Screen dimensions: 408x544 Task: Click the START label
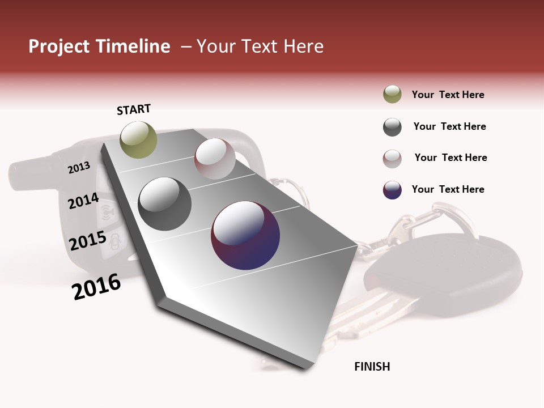134,109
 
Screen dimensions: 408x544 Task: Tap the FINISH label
372,367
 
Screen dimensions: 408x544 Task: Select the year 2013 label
79,167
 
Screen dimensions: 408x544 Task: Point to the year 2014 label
83,201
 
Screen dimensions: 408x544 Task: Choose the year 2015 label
88,241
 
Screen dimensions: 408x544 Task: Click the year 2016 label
96,286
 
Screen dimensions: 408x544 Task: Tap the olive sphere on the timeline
139,139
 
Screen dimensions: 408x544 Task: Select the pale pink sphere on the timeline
215,159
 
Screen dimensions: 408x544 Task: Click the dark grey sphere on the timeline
164,204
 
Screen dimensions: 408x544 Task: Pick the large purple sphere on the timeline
245,235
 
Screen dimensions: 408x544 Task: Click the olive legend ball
392,95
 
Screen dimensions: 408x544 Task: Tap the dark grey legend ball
392,127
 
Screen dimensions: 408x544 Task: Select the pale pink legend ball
392,159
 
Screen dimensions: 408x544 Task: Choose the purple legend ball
392,190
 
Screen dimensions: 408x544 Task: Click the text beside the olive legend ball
448,95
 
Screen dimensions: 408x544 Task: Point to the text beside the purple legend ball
448,189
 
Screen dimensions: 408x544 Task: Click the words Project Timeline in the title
99,46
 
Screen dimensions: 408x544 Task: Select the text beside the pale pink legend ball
450,158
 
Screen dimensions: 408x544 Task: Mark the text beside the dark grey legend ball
449,126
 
